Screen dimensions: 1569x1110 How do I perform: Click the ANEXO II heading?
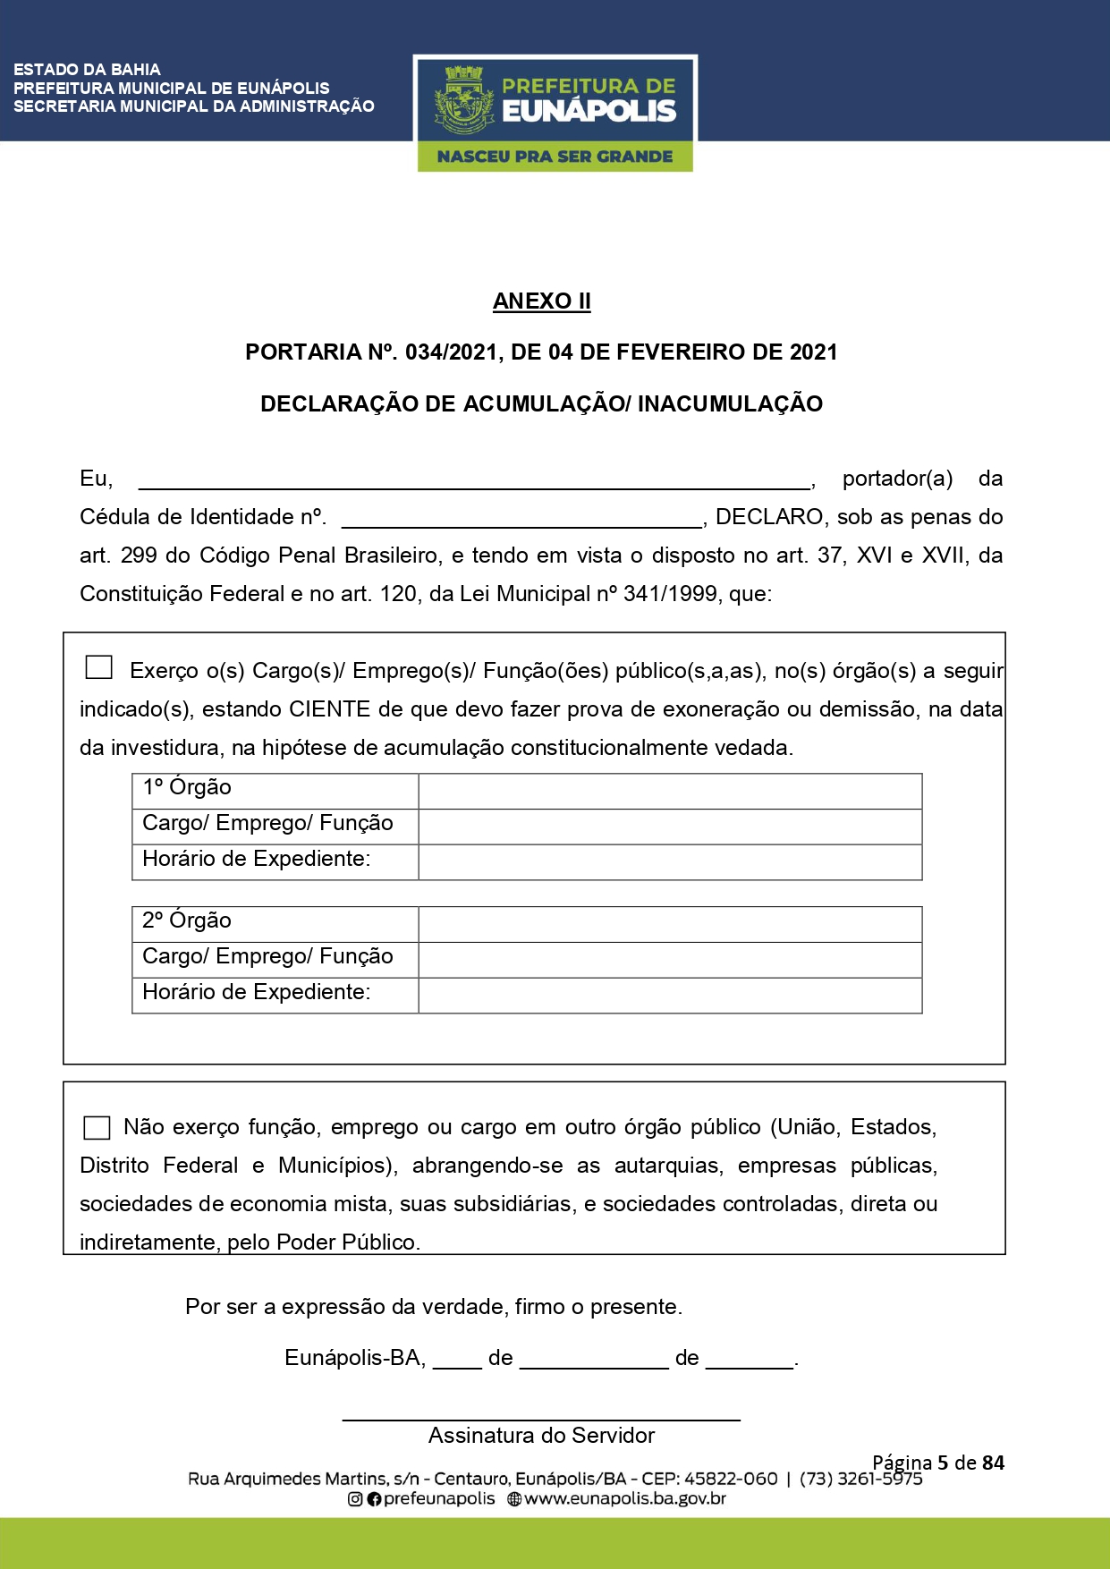[541, 301]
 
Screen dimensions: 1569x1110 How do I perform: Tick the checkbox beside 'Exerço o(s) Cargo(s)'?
[98, 667]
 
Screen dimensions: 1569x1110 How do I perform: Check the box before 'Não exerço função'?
[97, 1127]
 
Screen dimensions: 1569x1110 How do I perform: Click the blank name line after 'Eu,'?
[474, 480]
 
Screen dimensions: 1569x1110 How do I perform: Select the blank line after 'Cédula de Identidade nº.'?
[521, 519]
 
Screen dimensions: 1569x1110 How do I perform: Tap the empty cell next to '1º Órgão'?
[670, 792]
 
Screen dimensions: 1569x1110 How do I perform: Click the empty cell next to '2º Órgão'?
[670, 925]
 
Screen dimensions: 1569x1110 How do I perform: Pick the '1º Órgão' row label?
[187, 787]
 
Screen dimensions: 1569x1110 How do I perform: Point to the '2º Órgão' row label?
[187, 920]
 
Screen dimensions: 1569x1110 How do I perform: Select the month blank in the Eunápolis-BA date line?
[594, 1360]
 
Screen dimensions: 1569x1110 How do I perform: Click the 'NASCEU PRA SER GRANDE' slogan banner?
[555, 157]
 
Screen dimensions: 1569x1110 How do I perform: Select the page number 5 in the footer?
[943, 1463]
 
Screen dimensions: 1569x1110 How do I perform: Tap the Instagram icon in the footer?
[355, 1499]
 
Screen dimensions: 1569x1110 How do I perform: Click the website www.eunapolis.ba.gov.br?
[624, 1499]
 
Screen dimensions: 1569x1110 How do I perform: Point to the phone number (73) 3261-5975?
[860, 1480]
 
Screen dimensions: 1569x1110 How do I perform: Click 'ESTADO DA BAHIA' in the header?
[87, 70]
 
